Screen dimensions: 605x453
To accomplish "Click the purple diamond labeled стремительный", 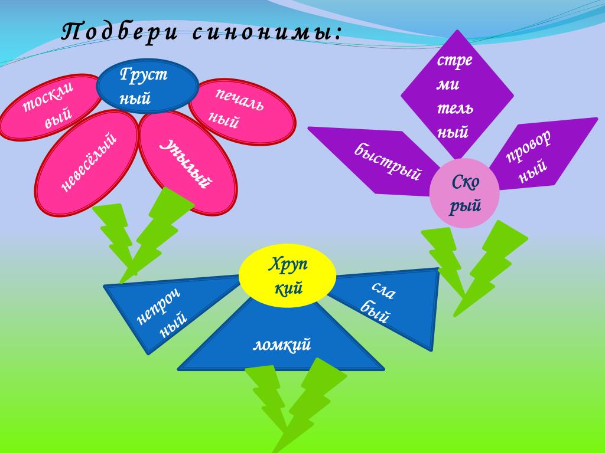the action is (x=457, y=94).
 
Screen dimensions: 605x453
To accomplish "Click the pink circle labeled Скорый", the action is (x=464, y=193).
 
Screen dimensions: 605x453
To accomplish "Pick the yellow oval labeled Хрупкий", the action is (x=287, y=276).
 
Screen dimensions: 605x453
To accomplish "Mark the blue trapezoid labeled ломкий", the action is (x=281, y=345).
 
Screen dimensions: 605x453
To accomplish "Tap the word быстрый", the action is (x=388, y=162).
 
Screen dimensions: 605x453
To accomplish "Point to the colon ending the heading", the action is (x=338, y=34).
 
